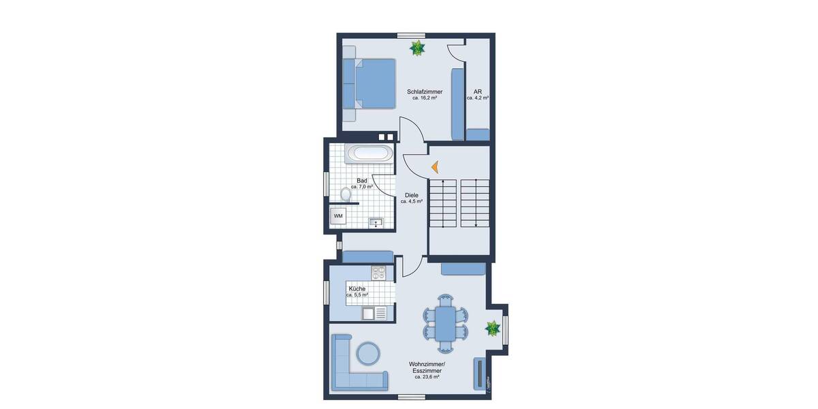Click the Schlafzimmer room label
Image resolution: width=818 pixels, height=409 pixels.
click(x=425, y=91)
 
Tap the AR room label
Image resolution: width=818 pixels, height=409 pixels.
click(x=478, y=91)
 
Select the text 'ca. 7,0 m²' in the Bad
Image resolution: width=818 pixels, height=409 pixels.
click(x=362, y=186)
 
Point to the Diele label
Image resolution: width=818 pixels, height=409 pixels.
click(x=412, y=195)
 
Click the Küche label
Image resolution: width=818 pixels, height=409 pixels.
click(x=357, y=289)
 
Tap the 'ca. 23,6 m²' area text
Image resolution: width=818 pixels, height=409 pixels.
click(x=426, y=376)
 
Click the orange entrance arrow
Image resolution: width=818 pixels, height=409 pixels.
click(x=434, y=166)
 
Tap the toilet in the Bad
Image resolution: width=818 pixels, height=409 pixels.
click(x=346, y=196)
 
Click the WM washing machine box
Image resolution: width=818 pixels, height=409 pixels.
click(x=338, y=216)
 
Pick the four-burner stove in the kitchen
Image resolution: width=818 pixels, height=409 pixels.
click(x=379, y=273)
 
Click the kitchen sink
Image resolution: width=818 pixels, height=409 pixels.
click(x=369, y=313)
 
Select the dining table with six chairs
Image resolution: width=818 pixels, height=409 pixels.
click(x=446, y=323)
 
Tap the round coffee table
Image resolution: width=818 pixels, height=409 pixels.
click(x=369, y=352)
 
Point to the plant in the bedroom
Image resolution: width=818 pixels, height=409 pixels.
click(x=417, y=48)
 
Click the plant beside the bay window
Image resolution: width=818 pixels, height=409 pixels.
click(x=492, y=329)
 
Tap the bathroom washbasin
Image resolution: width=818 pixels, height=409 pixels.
click(x=376, y=222)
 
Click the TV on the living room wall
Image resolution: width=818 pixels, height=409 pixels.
click(x=480, y=372)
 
